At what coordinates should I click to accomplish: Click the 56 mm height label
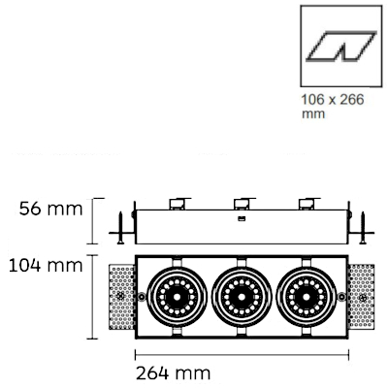[50, 209]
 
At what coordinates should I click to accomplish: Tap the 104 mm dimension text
[46, 266]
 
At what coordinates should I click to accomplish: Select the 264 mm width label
[173, 373]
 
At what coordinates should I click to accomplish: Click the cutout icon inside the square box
[341, 47]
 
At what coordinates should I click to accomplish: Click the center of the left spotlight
[177, 297]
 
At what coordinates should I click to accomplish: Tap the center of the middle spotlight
[242, 297]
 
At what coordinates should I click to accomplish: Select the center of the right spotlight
[306, 297]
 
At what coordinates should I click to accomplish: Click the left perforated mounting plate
[121, 297]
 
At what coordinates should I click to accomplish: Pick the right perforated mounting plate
[361, 297]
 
